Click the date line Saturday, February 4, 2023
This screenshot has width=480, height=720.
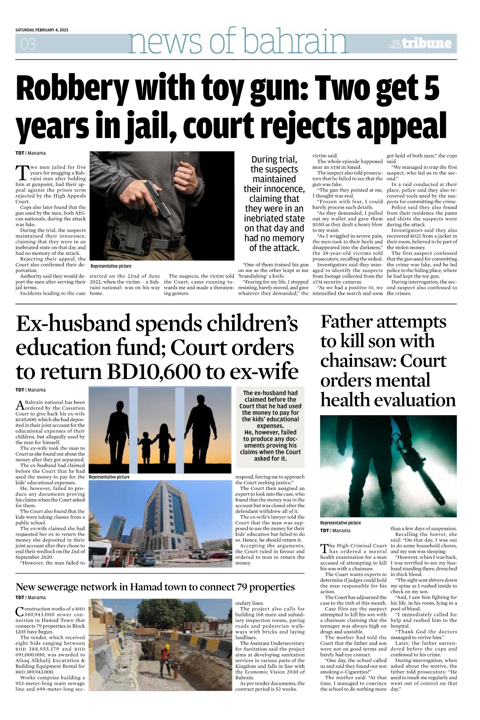42,30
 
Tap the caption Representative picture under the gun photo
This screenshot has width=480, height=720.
111,266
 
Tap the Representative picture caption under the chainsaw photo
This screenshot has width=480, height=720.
340,523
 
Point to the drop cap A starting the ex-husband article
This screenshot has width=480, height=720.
19,405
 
